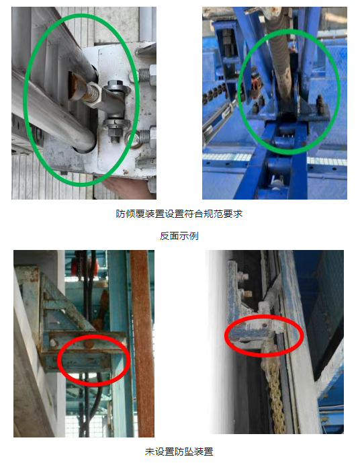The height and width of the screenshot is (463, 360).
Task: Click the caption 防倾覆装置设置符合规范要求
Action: [x=179, y=214]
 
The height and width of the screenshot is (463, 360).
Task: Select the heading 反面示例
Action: [x=179, y=236]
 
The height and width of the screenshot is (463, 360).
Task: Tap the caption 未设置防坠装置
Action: [x=179, y=452]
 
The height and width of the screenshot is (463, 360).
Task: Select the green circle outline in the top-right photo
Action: [x=239, y=91]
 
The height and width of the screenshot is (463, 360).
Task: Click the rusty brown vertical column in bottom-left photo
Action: [x=142, y=343]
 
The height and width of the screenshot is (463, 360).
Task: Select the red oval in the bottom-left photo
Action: [x=58, y=360]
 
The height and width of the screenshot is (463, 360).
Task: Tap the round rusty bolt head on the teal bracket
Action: [x=89, y=344]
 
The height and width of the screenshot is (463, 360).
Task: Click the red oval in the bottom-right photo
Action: [x=226, y=336]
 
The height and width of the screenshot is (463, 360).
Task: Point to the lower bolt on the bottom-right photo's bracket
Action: [x=246, y=294]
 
